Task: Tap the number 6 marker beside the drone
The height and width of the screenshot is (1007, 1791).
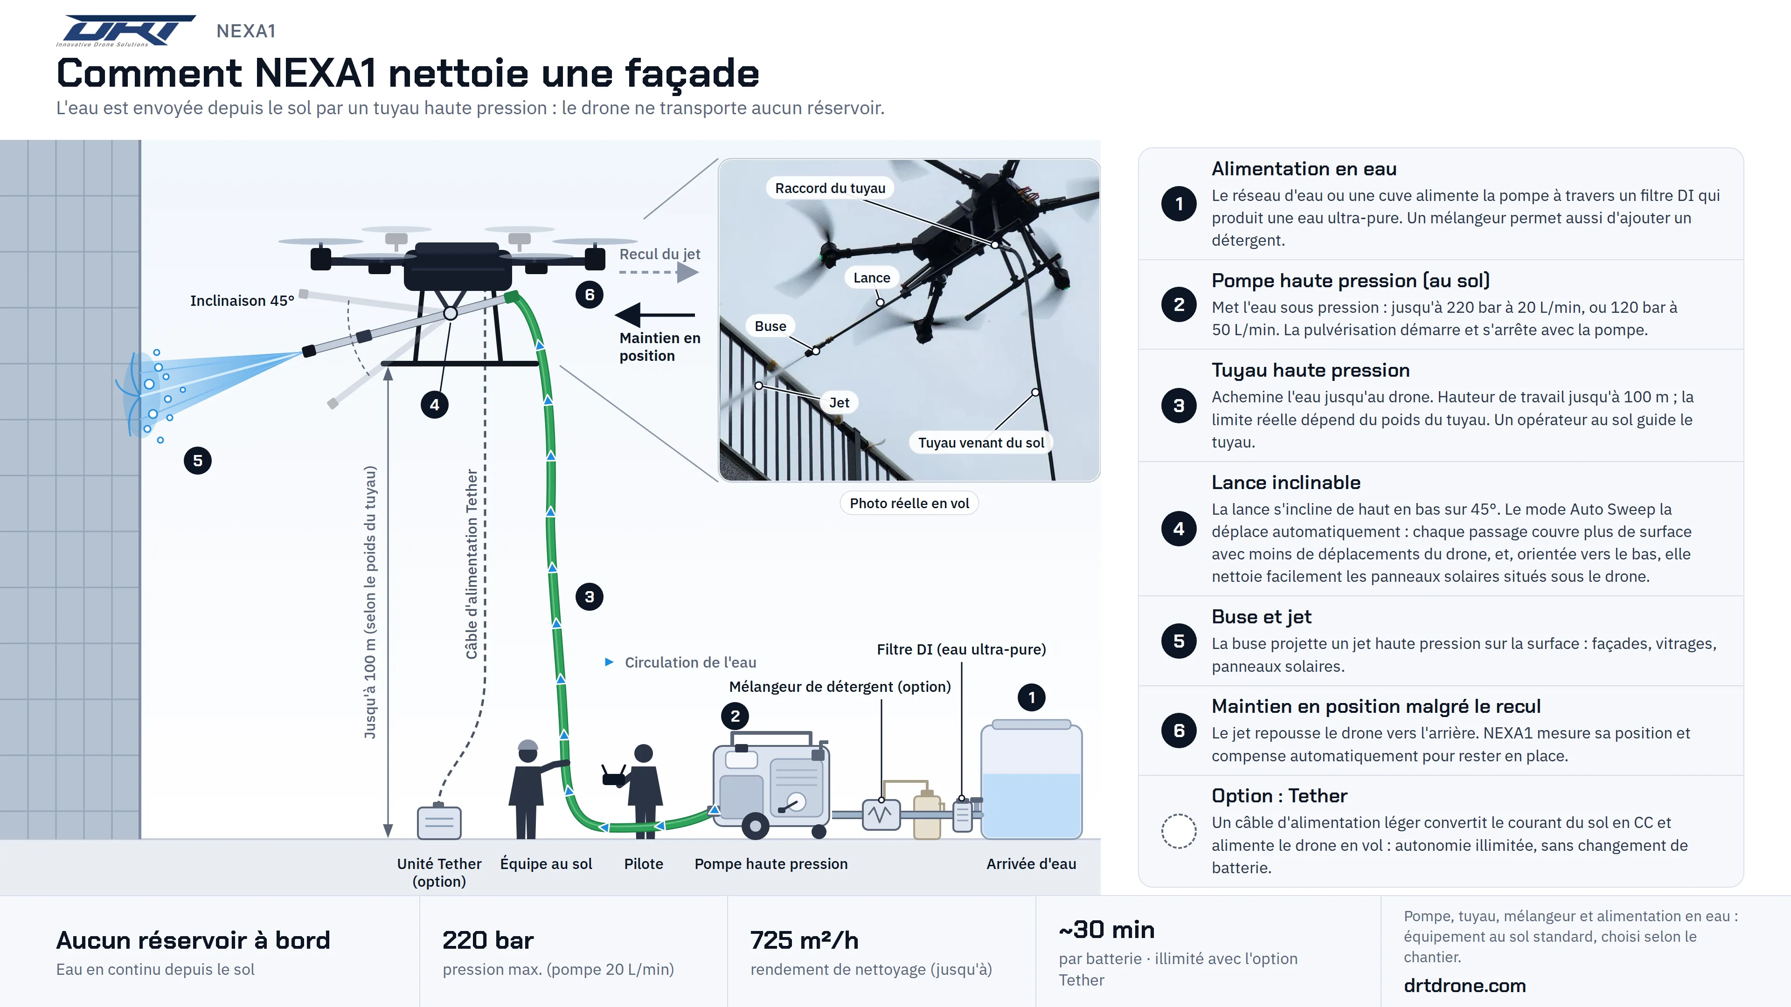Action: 590,295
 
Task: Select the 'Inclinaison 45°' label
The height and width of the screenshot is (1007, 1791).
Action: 242,301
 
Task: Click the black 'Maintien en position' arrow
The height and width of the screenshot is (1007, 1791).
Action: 655,315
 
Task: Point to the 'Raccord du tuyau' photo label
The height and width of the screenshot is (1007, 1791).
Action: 830,188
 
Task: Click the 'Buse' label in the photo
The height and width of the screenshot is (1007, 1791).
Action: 771,326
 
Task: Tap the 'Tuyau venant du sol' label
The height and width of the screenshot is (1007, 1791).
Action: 981,443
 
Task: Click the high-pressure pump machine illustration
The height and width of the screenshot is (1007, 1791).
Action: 771,784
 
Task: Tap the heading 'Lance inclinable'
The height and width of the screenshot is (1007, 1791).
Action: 1285,483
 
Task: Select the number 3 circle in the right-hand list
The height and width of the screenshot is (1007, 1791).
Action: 1179,406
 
